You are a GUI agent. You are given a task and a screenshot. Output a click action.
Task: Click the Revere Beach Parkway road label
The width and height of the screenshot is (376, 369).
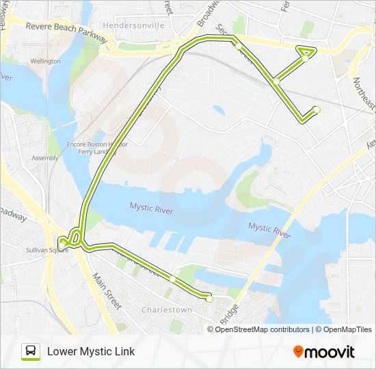(67, 32)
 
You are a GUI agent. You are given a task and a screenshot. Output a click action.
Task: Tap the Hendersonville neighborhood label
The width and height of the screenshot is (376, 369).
(133, 25)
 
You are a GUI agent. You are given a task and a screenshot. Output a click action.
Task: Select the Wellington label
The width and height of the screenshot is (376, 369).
(45, 61)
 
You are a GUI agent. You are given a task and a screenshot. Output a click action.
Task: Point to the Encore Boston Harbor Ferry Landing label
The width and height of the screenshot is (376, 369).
(97, 148)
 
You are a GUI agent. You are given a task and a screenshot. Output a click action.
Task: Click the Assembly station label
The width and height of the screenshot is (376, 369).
(45, 158)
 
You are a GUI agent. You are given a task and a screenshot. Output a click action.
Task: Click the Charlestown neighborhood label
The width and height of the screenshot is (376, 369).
(167, 310)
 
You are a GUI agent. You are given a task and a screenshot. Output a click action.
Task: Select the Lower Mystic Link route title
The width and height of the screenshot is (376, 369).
(91, 351)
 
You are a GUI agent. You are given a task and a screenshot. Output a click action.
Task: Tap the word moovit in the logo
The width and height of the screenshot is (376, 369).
(330, 352)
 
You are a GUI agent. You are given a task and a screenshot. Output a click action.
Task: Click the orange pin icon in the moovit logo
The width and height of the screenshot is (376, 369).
(298, 352)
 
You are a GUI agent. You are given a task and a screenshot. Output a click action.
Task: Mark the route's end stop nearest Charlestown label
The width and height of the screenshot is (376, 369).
(209, 299)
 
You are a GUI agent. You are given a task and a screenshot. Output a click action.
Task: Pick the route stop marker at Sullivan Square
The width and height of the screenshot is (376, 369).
(63, 243)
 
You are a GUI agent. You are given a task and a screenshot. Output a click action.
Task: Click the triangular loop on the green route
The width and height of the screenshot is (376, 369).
(306, 52)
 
